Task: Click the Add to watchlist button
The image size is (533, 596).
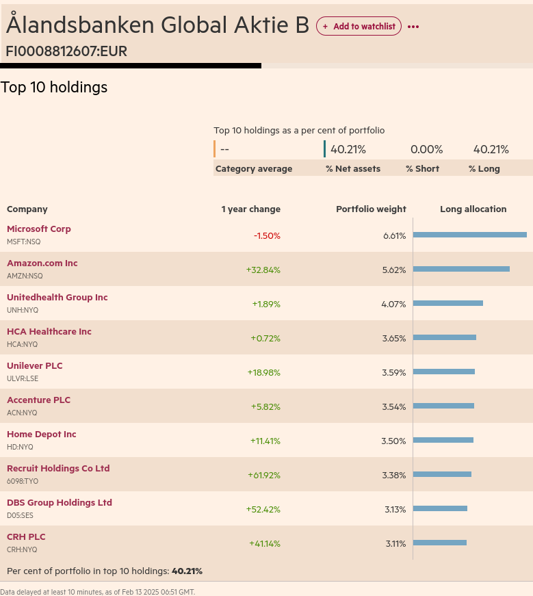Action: tap(359, 26)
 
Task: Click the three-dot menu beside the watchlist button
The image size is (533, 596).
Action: tap(413, 27)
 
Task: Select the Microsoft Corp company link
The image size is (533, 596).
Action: tap(39, 229)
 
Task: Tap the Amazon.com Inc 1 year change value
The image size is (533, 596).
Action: tap(263, 270)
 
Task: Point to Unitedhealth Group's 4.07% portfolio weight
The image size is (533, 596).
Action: tap(393, 304)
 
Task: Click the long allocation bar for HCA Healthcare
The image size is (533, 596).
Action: tap(444, 337)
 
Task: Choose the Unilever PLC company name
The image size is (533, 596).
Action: tap(35, 366)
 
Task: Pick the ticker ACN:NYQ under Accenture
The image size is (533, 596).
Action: tap(22, 413)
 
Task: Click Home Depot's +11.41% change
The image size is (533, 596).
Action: tap(265, 441)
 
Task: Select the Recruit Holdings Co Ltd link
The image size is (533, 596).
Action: tap(58, 469)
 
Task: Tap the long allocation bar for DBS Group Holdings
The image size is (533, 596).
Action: tap(440, 508)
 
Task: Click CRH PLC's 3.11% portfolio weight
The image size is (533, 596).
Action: tap(395, 543)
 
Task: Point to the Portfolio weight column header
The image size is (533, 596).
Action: tap(371, 209)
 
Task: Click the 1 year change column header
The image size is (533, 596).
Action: tap(250, 209)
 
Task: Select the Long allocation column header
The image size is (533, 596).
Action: tap(473, 209)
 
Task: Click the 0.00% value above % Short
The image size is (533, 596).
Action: tap(426, 150)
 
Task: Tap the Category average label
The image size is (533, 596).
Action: tap(254, 169)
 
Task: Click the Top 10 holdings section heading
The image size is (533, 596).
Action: tap(54, 88)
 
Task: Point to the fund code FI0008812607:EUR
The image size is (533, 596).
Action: tap(66, 51)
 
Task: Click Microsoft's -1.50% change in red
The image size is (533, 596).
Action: tap(267, 235)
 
